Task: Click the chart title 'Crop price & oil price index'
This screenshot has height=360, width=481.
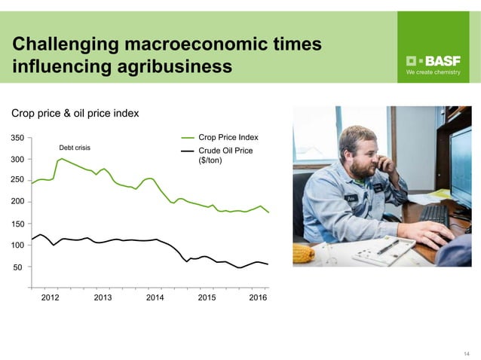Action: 75,114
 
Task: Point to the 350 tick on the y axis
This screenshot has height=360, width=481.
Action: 17,138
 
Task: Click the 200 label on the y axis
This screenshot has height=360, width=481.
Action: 17,202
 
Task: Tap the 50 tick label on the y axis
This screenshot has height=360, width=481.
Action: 20,267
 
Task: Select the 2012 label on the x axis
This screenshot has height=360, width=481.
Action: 50,298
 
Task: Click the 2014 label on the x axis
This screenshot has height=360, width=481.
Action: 155,298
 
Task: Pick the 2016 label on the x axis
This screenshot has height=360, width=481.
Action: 257,298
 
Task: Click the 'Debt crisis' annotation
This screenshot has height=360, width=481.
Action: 75,148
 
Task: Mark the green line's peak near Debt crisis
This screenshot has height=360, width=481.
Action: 61,158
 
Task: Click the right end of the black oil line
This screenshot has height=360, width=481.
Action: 268,264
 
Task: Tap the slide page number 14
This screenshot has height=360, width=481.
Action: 467,353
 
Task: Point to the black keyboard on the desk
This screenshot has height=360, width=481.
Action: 435,218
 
